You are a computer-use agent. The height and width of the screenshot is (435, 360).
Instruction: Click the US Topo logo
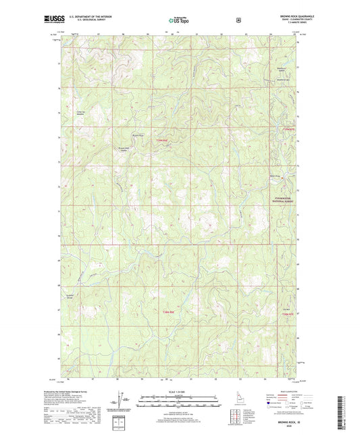(x=179, y=21)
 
